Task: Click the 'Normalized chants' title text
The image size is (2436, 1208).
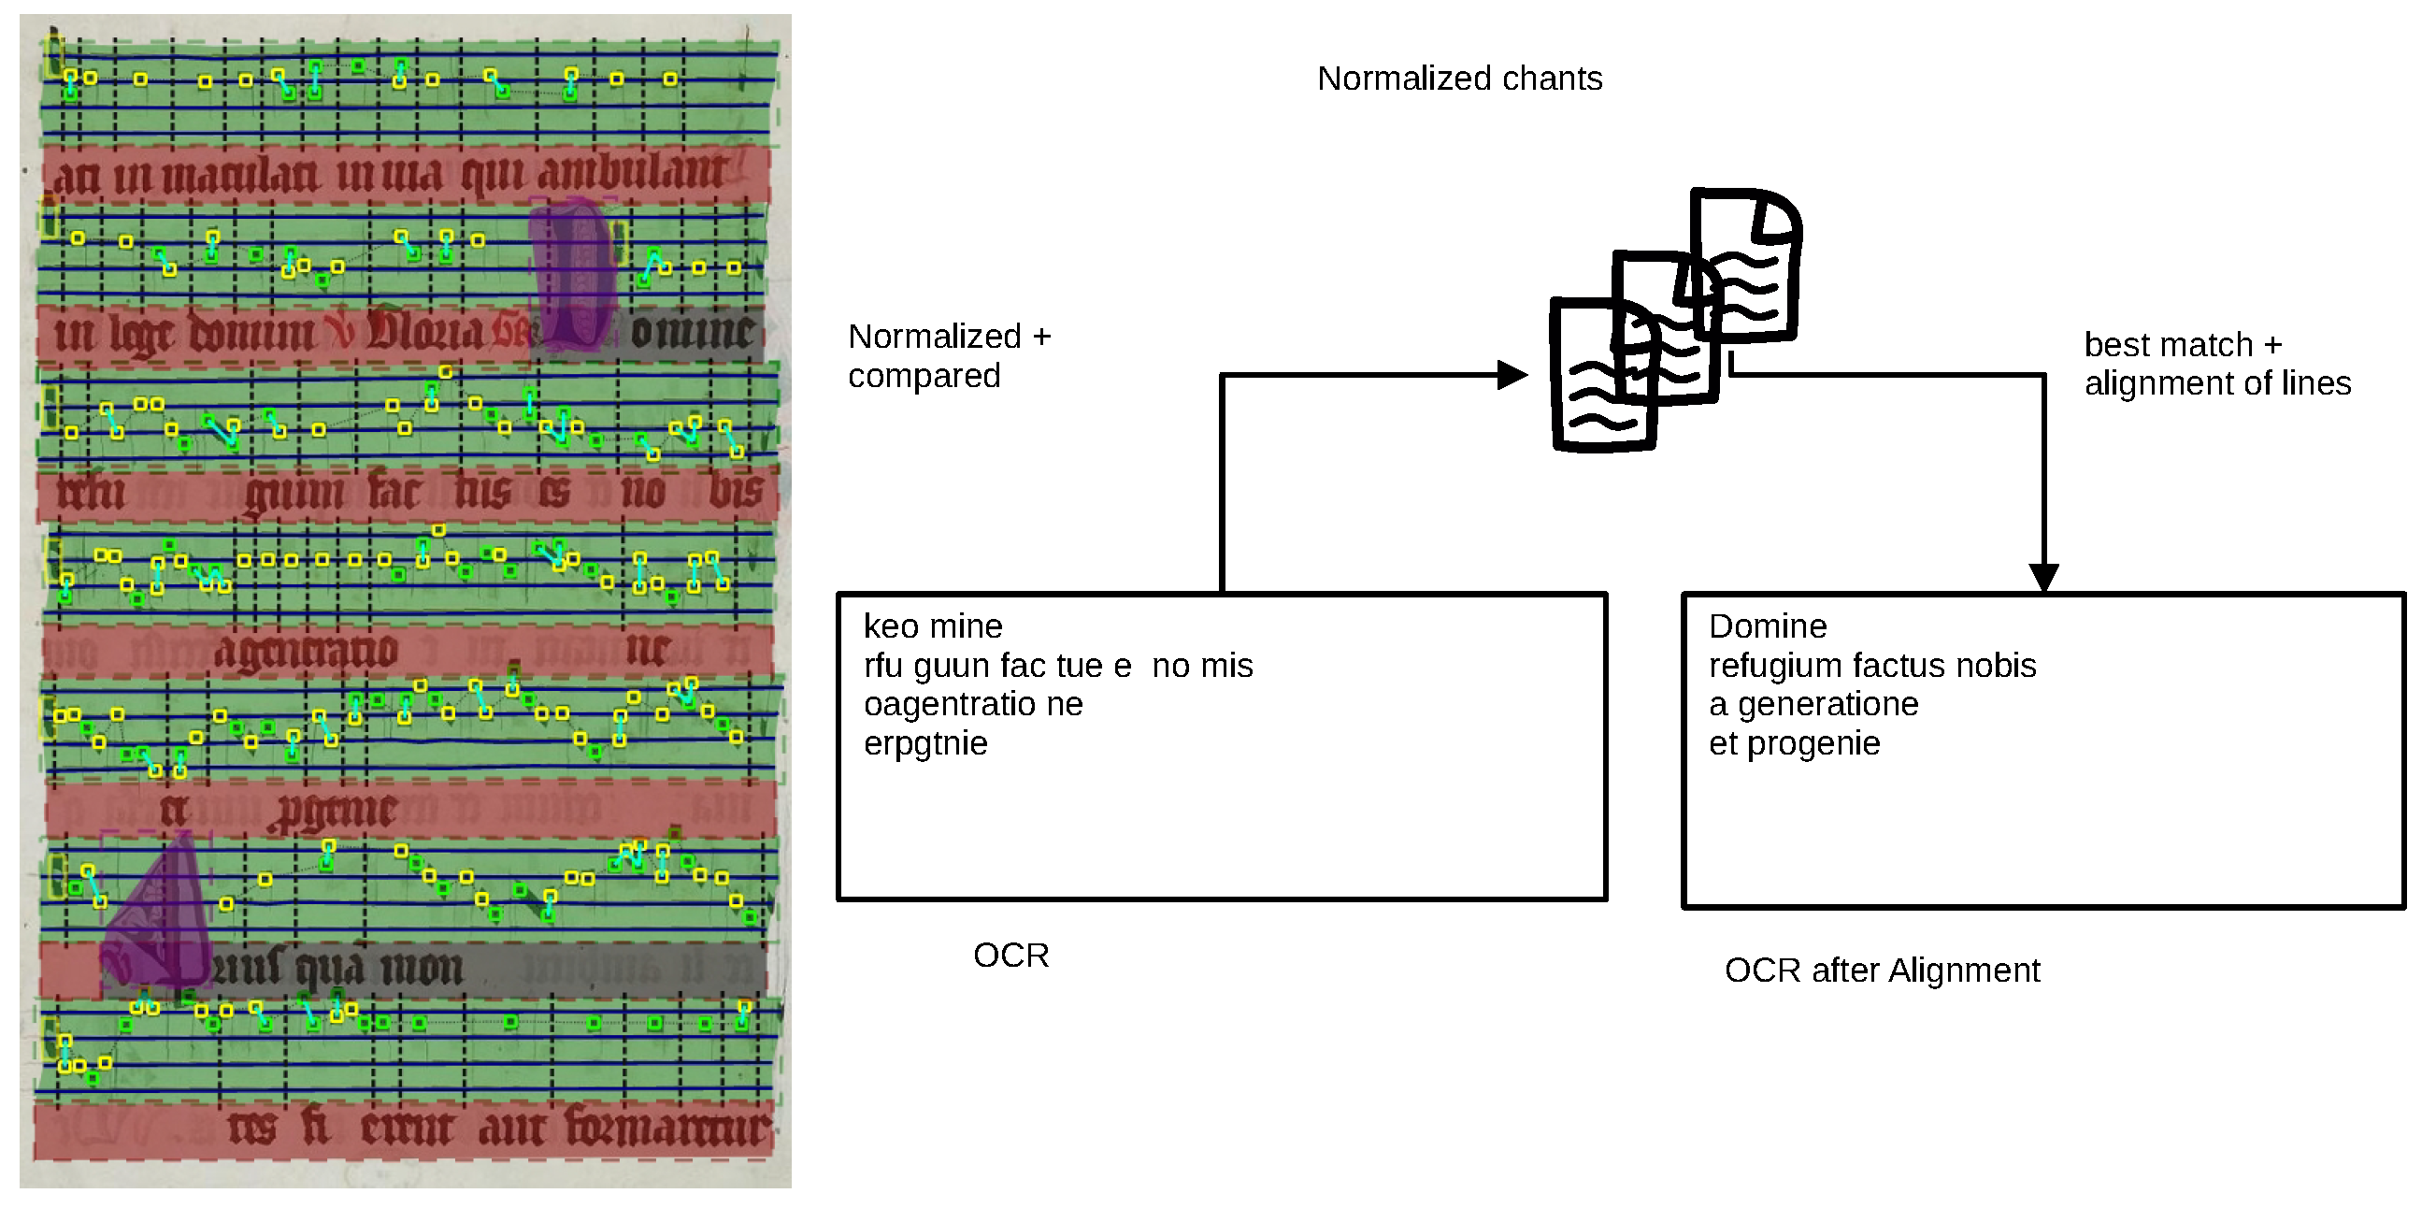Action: click(1459, 79)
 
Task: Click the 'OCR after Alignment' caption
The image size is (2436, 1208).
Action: click(1882, 971)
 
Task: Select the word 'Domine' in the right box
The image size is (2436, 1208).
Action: click(1768, 626)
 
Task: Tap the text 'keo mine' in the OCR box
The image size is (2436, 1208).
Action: click(932, 626)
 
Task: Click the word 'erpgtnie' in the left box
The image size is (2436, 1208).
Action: click(924, 743)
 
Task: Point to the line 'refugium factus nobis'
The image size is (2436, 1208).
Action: click(1871, 666)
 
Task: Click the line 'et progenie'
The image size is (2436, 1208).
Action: click(1794, 743)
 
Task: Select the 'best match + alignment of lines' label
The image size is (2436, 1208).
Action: click(2215, 365)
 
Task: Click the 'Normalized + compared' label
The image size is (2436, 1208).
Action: click(949, 355)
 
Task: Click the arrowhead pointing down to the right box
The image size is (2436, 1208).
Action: click(2043, 577)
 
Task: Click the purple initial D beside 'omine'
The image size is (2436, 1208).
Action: click(572, 274)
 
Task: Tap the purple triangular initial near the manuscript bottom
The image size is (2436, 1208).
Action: click(161, 913)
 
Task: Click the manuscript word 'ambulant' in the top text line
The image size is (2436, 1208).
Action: click(632, 174)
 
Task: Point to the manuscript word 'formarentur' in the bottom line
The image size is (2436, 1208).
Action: click(667, 1128)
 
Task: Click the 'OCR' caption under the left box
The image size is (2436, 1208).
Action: click(1010, 956)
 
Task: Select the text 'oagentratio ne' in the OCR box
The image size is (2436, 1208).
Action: click(972, 705)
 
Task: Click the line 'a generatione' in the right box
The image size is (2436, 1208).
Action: click(1813, 705)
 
